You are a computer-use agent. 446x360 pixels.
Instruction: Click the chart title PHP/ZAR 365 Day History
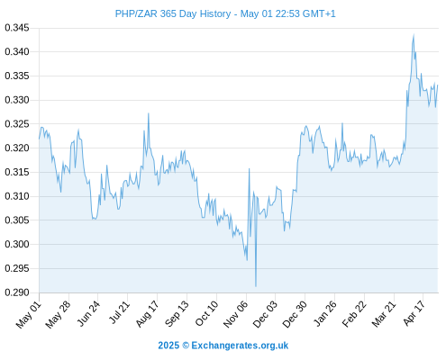[x=173, y=13]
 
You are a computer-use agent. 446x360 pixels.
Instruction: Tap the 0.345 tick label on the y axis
[x=17, y=28]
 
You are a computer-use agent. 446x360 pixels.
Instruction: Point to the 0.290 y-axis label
[x=17, y=292]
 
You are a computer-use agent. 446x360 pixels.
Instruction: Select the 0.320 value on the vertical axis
[x=17, y=148]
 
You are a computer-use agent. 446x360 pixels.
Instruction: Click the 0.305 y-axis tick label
[x=17, y=220]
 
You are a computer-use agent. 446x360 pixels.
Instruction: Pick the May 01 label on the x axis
[x=28, y=314]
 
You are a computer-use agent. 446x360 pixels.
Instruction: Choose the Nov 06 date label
[x=236, y=314]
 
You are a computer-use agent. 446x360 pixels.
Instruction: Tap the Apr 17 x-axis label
[x=414, y=313]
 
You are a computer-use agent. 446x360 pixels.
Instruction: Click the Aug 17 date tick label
[x=147, y=314]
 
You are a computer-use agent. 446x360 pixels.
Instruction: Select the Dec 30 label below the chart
[x=295, y=314]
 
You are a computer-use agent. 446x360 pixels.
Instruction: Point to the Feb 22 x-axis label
[x=354, y=314]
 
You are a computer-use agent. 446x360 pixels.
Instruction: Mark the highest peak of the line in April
[x=414, y=35]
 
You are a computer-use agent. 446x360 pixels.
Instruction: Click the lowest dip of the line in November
[x=256, y=286]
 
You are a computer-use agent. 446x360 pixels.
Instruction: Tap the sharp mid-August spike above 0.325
[x=149, y=113]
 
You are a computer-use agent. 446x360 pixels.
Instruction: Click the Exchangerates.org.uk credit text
[x=240, y=346]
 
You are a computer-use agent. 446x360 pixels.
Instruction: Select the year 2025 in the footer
[x=168, y=346]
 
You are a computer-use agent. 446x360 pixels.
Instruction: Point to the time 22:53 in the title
[x=287, y=13]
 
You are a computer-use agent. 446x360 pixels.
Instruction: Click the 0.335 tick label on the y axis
[x=17, y=76]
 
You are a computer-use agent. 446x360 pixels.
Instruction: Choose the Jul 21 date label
[x=119, y=312]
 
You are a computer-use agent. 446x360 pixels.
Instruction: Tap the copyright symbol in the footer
[x=186, y=346]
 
